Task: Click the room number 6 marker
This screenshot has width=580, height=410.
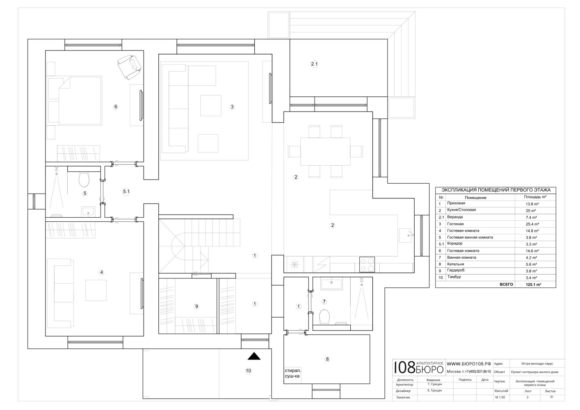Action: point(116,107)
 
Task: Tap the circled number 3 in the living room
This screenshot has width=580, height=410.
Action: point(232,107)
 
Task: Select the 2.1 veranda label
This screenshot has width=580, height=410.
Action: point(314,64)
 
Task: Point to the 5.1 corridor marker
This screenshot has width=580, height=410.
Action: point(126,191)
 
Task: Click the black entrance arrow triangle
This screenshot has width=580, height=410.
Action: point(254,356)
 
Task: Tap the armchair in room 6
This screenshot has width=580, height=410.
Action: point(130,67)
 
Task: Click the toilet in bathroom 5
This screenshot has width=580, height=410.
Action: point(84,180)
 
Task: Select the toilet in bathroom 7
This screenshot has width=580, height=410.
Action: point(324,317)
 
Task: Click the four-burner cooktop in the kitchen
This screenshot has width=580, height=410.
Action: point(367,264)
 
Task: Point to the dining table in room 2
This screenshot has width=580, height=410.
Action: point(325,151)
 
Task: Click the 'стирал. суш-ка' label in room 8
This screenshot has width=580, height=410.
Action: point(293,373)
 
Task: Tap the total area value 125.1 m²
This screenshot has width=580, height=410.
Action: point(533,285)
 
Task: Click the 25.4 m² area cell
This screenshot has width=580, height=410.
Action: point(532,224)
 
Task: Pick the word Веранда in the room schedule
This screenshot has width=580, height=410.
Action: point(455,217)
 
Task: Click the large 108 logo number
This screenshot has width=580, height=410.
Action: point(404,368)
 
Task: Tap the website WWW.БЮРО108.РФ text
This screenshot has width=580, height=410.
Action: point(469,364)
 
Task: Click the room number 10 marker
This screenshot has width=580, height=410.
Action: point(248,371)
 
